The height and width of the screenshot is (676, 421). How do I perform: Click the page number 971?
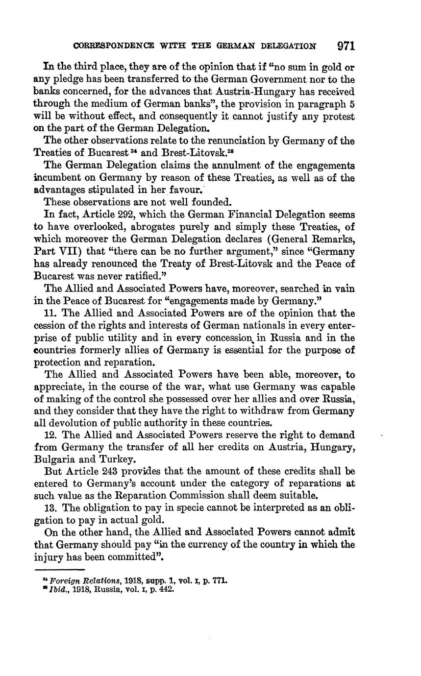(x=346, y=46)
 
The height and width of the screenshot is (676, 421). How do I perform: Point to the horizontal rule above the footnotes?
(x=60, y=570)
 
